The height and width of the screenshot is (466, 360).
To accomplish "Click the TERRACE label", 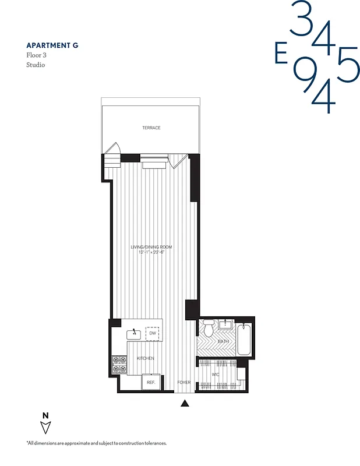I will [x=151, y=128].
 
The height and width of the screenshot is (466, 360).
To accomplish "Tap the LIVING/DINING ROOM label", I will [x=151, y=247].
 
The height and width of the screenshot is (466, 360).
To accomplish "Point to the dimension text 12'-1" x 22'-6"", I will [x=151, y=252].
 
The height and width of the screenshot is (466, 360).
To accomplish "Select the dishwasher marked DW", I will [x=152, y=334].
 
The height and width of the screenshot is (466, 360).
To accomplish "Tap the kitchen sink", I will [x=135, y=333].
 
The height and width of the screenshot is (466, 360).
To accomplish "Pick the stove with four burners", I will [x=119, y=365].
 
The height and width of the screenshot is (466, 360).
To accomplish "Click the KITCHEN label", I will [x=146, y=358].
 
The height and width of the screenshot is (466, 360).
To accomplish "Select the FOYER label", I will [x=184, y=383].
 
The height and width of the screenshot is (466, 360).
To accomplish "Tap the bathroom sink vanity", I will [x=225, y=324].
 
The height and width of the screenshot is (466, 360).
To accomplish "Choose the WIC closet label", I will [x=215, y=375].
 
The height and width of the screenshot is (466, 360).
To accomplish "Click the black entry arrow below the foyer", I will [x=185, y=403].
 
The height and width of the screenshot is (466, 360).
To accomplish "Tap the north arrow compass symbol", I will [x=45, y=424].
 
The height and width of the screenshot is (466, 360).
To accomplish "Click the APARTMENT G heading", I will [x=52, y=45].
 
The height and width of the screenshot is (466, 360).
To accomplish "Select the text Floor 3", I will [x=36, y=55].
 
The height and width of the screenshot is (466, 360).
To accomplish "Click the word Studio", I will [x=36, y=65].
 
